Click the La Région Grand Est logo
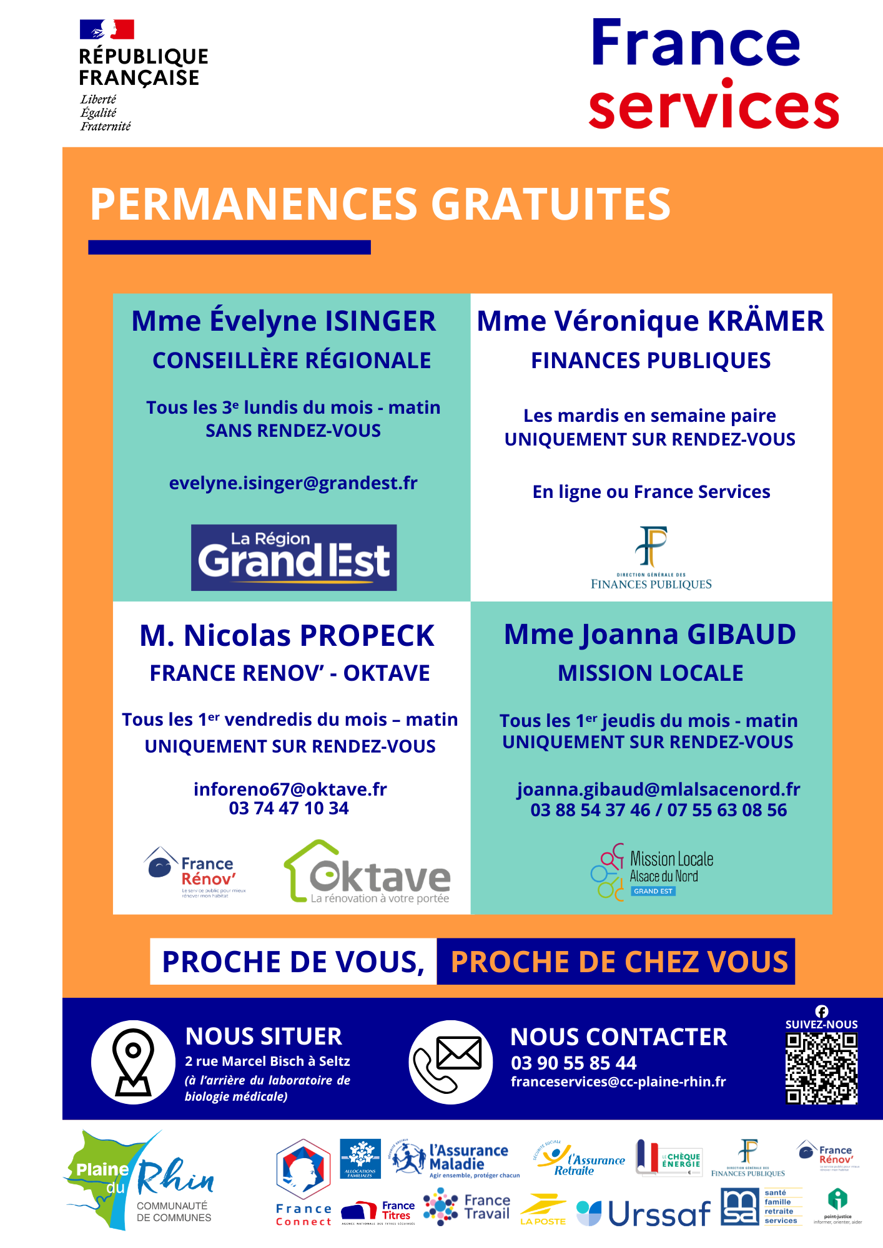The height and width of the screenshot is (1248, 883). (294, 557)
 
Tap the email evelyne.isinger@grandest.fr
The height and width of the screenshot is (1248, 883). (293, 483)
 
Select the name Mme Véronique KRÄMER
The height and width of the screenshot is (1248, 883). (650, 321)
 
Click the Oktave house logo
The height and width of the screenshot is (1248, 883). (367, 872)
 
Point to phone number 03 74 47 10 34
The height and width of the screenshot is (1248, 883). (289, 809)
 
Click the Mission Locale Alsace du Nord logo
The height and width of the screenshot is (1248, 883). (651, 872)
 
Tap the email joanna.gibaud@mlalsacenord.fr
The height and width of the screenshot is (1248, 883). (658, 789)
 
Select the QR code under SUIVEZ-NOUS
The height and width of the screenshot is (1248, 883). (821, 1068)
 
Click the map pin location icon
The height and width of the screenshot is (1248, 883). (133, 1062)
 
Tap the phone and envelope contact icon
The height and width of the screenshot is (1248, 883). (450, 1062)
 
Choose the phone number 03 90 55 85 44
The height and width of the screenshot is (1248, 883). (573, 1063)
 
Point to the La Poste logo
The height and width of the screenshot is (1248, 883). (543, 1211)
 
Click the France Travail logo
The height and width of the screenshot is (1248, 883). (467, 1207)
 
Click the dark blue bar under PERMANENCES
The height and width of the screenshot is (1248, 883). (229, 247)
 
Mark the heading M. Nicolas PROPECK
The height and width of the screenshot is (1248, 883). (287, 636)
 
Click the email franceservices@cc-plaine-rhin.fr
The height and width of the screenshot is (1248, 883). (618, 1082)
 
